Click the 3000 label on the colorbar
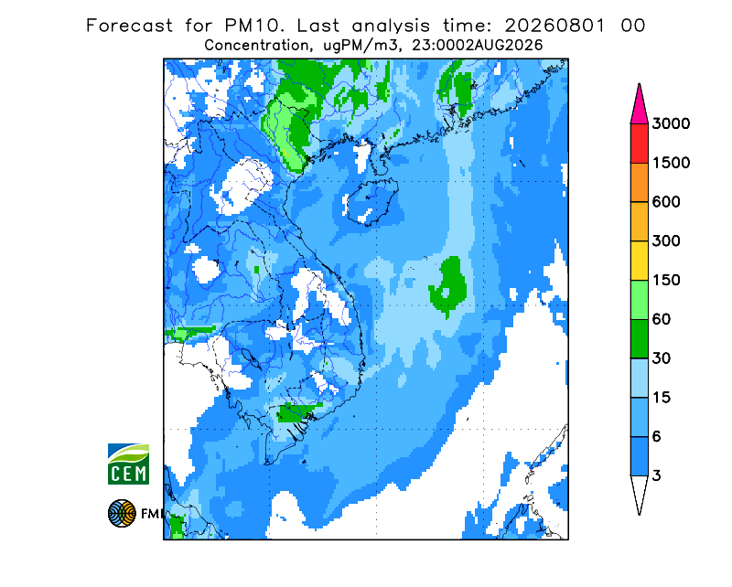pyautogui.click(x=671, y=123)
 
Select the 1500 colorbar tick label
pyautogui.click(x=671, y=163)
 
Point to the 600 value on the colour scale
pyautogui.click(x=666, y=202)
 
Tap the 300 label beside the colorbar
pyautogui.click(x=666, y=241)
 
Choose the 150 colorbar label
pyautogui.click(x=666, y=280)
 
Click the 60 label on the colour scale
pyautogui.click(x=662, y=319)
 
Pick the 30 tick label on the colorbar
pyautogui.click(x=662, y=358)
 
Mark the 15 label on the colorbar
pyautogui.click(x=662, y=398)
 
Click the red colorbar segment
pyautogui.click(x=639, y=144)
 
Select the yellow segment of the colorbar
pyautogui.click(x=639, y=261)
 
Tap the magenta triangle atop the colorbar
pyautogui.click(x=639, y=106)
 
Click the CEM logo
pyautogui.click(x=128, y=464)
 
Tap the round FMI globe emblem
pyautogui.click(x=122, y=513)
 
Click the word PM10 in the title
pyautogui.click(x=254, y=26)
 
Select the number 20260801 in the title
pyautogui.click(x=555, y=26)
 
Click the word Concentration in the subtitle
pyautogui.click(x=256, y=46)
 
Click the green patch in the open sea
pyautogui.click(x=448, y=285)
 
